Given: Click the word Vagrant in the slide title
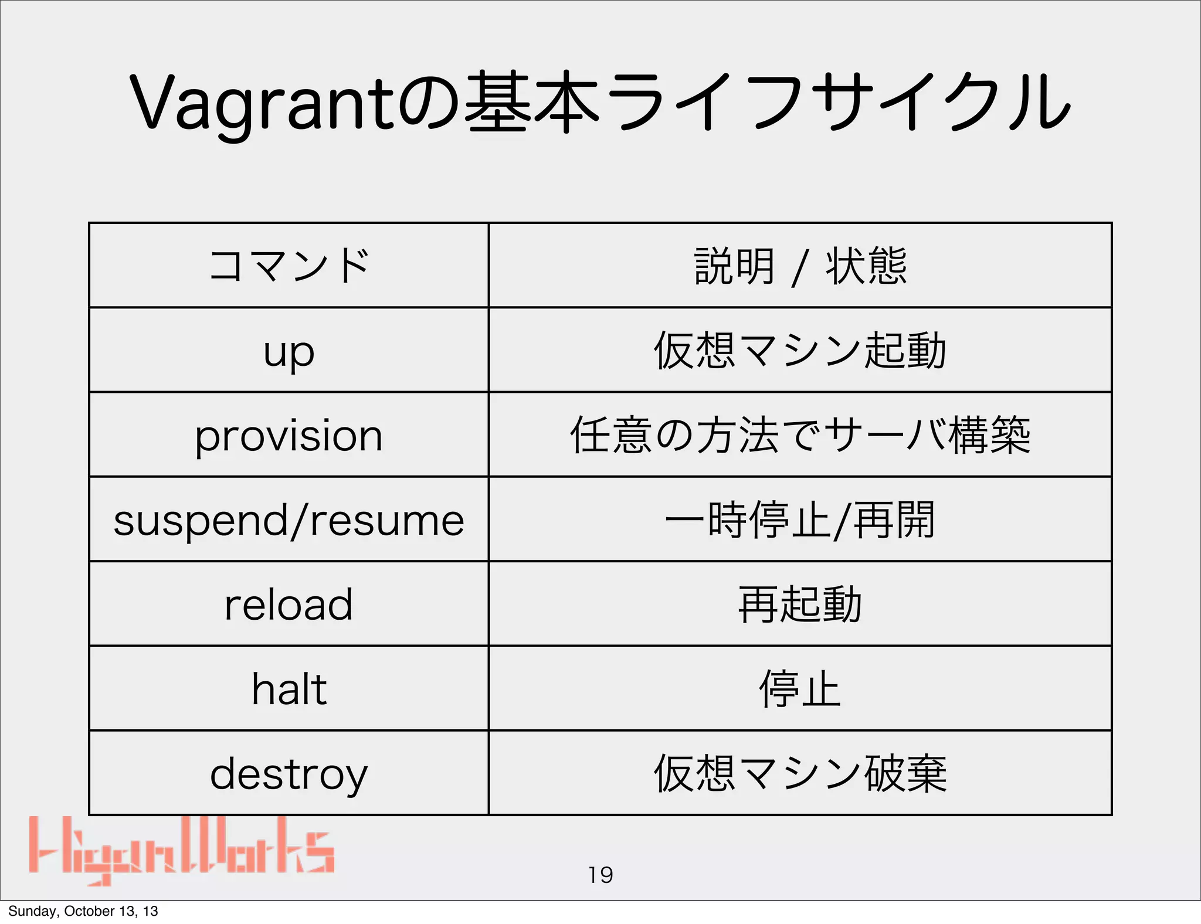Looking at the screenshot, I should (x=261, y=103).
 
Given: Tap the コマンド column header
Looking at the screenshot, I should (x=289, y=266).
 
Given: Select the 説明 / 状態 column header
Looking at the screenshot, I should (x=800, y=266).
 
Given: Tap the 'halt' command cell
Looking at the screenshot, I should (x=289, y=689).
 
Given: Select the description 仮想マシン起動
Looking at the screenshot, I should (x=800, y=351).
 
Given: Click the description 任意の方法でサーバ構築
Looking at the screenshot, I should (x=800, y=435).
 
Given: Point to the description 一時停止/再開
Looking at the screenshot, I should (x=800, y=520).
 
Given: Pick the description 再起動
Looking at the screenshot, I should (x=800, y=604).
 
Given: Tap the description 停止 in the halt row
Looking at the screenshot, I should (x=800, y=689).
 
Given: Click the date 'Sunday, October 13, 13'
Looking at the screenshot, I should (x=83, y=911).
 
